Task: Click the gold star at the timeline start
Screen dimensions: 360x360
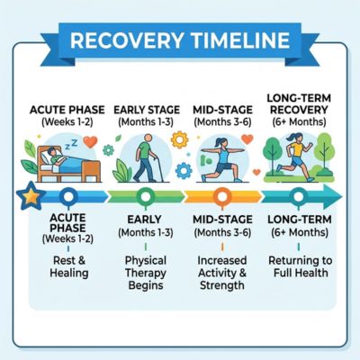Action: click(x=31, y=197)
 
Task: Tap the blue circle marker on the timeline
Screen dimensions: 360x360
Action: click(x=68, y=197)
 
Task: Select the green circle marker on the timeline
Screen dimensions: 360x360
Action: click(x=146, y=197)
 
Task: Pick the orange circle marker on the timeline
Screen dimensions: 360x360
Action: click(x=222, y=197)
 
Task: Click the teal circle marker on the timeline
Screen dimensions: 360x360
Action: click(x=299, y=197)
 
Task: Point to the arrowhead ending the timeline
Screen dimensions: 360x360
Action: click(x=332, y=197)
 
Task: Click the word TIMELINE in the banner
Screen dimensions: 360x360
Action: click(x=240, y=40)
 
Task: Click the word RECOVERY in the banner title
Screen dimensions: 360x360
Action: click(x=126, y=40)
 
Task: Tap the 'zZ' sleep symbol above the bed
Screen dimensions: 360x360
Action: click(x=71, y=144)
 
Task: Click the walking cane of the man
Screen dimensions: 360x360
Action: click(x=159, y=168)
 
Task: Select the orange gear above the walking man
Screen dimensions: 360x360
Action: click(x=179, y=139)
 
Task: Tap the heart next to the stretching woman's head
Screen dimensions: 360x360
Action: click(x=247, y=139)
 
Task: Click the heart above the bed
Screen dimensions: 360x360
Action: click(x=90, y=142)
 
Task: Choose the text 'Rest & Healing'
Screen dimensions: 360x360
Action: click(x=69, y=266)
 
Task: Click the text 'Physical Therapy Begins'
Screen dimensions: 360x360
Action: click(x=146, y=273)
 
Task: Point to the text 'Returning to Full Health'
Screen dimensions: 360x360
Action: click(x=301, y=266)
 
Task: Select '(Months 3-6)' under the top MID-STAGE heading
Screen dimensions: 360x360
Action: click(x=222, y=122)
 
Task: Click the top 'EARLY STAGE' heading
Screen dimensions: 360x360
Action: click(x=147, y=110)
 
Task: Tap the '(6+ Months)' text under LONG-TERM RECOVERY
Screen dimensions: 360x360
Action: click(x=299, y=122)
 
